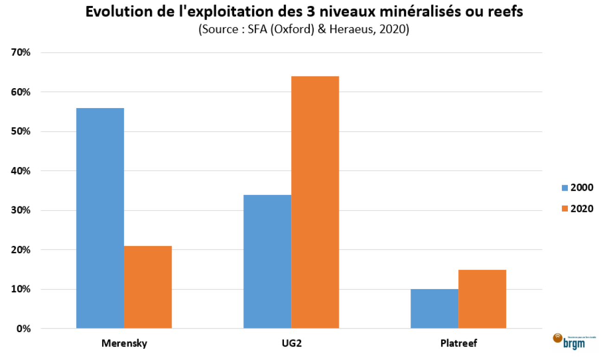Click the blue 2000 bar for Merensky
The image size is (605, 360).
[x=100, y=218]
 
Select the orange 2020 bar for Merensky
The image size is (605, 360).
[x=148, y=287]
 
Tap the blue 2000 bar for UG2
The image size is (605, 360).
[x=267, y=262]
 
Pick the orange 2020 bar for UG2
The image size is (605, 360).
[x=315, y=202]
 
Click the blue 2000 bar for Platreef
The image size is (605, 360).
[x=434, y=309]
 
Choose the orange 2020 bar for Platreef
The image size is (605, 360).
[x=482, y=299]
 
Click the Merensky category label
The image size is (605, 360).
[x=124, y=344]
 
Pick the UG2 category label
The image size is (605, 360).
[x=291, y=344]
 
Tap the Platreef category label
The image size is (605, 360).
[x=458, y=344]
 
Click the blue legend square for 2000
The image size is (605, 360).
[x=565, y=188]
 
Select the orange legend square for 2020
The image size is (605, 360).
[x=565, y=209]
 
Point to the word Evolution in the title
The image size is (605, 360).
[x=114, y=13]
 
